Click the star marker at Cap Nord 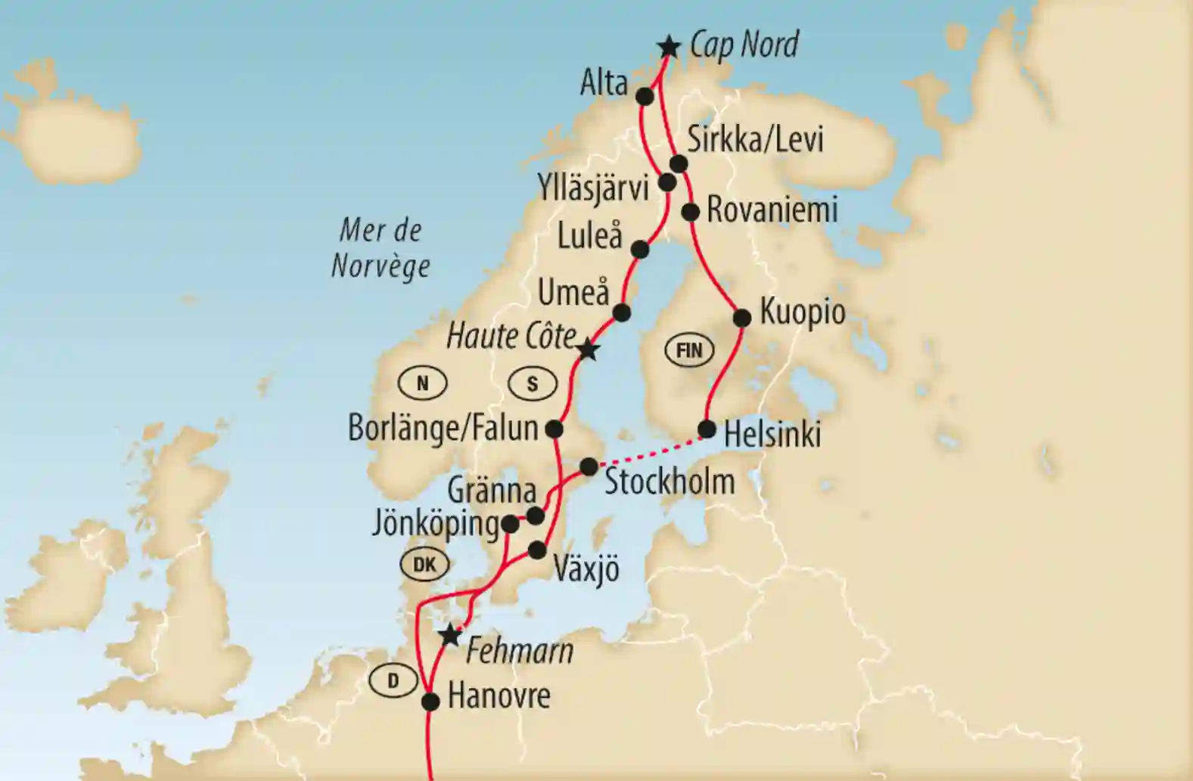click(668, 47)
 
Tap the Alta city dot click(645, 97)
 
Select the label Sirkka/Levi click(755, 140)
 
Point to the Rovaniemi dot click(691, 212)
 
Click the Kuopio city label click(802, 311)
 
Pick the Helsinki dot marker click(707, 429)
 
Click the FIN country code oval click(689, 351)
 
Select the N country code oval click(422, 384)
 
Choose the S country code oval click(533, 384)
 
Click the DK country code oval click(424, 564)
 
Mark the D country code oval click(393, 681)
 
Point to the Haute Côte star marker click(588, 350)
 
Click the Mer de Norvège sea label click(381, 248)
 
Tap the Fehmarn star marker click(451, 636)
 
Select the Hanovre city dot click(430, 702)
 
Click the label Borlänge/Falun click(443, 429)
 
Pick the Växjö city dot click(536, 550)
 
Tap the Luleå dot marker click(639, 249)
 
